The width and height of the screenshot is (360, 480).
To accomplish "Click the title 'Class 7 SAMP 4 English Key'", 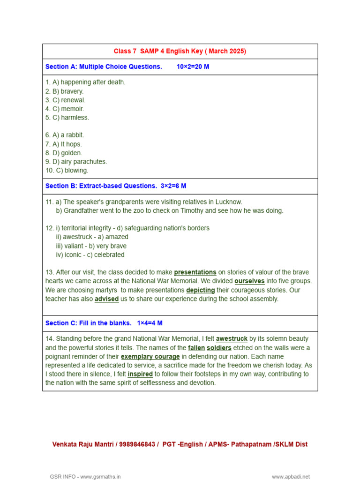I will point(180,51).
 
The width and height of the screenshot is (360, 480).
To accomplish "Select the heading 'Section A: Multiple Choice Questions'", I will point(104,67).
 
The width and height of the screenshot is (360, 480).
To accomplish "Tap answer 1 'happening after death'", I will point(85,82).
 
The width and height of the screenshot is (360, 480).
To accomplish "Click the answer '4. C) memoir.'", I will point(65,109).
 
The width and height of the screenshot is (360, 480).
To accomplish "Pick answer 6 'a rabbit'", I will point(65,135).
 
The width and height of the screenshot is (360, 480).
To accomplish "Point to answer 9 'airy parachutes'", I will point(76,162).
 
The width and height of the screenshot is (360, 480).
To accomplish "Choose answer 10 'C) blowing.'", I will point(67,171).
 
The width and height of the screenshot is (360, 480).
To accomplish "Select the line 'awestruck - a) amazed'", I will point(92,237).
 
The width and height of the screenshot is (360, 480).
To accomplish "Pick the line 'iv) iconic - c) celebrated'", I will point(90,255).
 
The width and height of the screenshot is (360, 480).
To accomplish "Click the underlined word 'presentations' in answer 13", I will point(195,272).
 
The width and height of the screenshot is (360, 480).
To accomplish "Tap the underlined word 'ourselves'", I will point(249,281).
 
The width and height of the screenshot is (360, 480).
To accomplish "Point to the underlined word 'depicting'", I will point(201,290).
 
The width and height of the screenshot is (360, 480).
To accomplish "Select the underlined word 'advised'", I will point(106,299).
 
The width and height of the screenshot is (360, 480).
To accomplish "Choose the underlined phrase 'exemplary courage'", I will point(150,357).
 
